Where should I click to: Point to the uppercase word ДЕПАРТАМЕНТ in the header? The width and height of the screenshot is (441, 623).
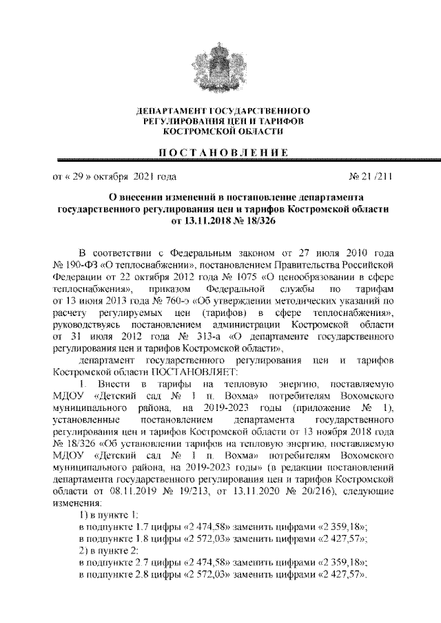[170, 111]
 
